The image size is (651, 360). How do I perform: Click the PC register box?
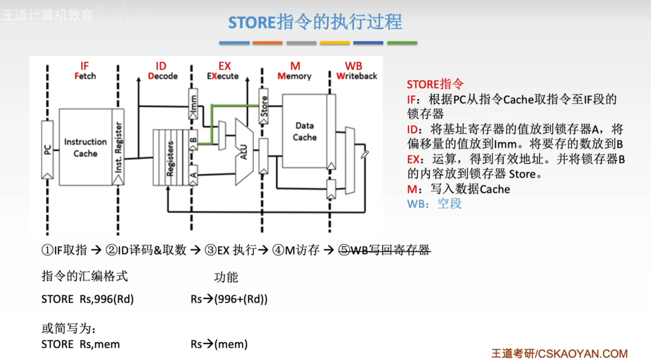[47, 150]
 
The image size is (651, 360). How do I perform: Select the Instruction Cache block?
[86, 147]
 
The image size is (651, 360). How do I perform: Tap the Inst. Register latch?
[118, 147]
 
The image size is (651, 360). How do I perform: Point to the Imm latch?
[193, 104]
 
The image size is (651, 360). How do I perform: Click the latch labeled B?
[193, 140]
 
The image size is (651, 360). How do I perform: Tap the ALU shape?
[244, 152]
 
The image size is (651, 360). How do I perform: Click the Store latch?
[264, 106]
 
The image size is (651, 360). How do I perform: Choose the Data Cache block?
[304, 131]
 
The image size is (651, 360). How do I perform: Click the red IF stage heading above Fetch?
[84, 66]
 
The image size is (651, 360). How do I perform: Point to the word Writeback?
[357, 76]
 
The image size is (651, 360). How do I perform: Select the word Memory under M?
[294, 76]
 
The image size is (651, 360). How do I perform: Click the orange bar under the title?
[267, 43]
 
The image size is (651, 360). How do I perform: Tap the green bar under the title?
[402, 43]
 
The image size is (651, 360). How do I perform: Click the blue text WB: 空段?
[434, 204]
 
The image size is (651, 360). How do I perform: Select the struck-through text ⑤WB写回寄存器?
[385, 250]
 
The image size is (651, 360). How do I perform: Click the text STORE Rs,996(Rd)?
[87, 299]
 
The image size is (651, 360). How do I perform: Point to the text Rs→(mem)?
[219, 344]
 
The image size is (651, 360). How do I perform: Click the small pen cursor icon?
[365, 155]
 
